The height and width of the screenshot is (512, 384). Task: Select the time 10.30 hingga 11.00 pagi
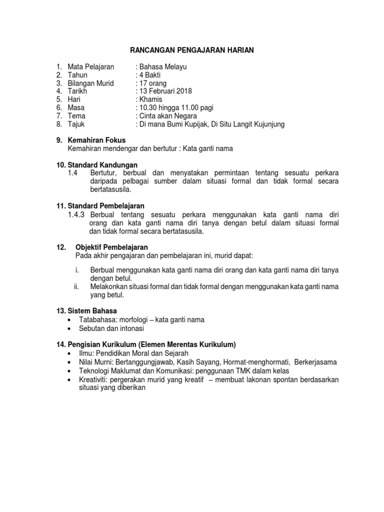coord(173,107)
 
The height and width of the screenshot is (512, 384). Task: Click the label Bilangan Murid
coord(90,83)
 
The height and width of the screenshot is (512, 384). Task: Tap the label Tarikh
coord(77,91)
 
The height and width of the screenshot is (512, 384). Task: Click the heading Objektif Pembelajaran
coord(111,247)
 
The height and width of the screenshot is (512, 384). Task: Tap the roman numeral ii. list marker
coord(76,287)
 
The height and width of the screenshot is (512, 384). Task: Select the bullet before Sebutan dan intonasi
coord(68,328)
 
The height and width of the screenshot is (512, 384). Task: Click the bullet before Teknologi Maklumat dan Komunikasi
coord(68,371)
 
